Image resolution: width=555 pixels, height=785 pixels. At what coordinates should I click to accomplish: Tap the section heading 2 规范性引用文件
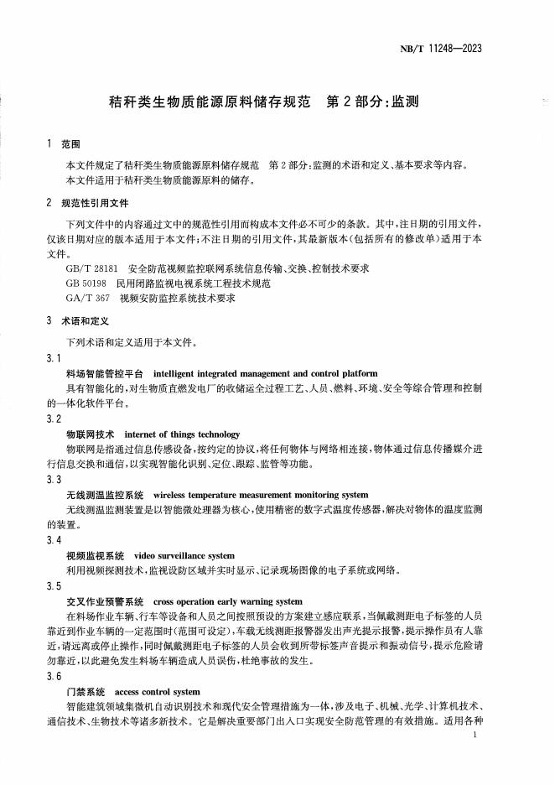pyautogui.click(x=89, y=203)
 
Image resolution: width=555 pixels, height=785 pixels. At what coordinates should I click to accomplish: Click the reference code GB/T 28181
pyautogui.click(x=91, y=268)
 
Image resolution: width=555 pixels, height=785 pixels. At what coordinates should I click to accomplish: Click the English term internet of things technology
pyautogui.click(x=181, y=434)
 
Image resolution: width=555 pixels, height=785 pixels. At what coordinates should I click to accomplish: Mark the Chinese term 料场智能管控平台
pyautogui.click(x=105, y=373)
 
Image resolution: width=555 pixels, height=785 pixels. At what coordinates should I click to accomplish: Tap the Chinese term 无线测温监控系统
pyautogui.click(x=105, y=495)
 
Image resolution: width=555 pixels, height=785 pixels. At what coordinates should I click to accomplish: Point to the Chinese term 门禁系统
pyautogui.click(x=86, y=692)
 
